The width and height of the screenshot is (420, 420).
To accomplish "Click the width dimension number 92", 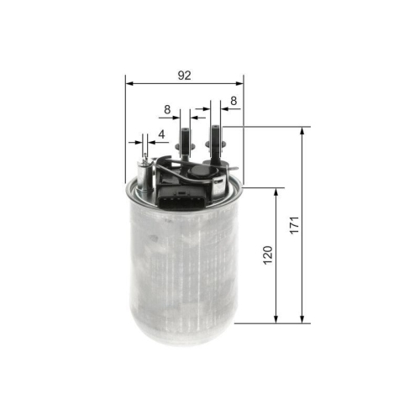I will pos(184,75).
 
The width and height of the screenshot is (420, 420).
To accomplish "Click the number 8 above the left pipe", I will pos(167,108).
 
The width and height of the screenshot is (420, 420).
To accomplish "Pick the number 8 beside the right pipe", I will pos(233,101).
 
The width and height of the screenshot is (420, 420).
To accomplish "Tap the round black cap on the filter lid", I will pos(200,173).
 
